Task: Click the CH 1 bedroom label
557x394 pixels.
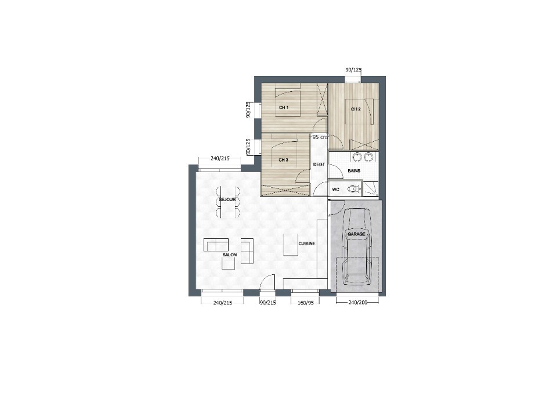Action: click(x=284, y=108)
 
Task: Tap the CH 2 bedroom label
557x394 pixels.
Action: click(x=356, y=109)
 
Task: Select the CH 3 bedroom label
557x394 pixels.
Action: click(x=283, y=160)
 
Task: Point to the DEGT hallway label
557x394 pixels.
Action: click(x=319, y=164)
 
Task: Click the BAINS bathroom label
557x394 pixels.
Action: click(x=354, y=171)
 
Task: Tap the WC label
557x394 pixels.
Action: click(x=336, y=189)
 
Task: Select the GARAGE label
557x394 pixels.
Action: click(x=356, y=234)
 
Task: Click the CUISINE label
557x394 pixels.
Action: click(x=306, y=244)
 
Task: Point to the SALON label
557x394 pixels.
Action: click(x=230, y=255)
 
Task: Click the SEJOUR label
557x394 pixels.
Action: click(x=227, y=200)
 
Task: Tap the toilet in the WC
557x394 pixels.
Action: click(x=352, y=189)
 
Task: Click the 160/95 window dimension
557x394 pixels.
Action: click(x=306, y=303)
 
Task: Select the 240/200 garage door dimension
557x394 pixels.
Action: click(x=358, y=303)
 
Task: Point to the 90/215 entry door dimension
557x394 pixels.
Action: click(x=268, y=303)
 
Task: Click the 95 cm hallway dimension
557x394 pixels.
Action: click(x=320, y=137)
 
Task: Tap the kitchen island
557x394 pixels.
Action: click(x=291, y=245)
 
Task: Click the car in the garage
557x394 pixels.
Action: click(x=357, y=246)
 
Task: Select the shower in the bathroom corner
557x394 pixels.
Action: click(x=371, y=189)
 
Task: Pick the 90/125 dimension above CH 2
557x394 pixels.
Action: click(x=353, y=70)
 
